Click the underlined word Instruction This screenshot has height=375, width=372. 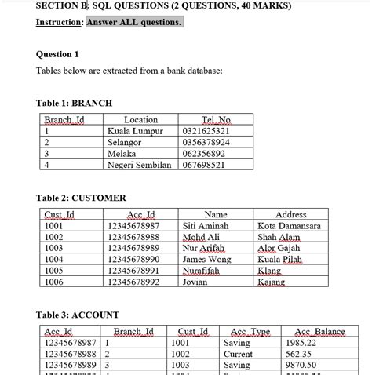tap(60, 22)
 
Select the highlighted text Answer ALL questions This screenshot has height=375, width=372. tap(134, 22)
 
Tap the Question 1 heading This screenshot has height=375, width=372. tap(58, 54)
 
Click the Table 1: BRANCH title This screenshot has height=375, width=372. tap(74, 103)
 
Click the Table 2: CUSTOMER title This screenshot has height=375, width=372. tap(81, 198)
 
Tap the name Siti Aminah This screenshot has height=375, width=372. tap(206, 226)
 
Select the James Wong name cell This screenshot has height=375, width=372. tap(206, 259)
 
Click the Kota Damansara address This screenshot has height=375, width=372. tap(289, 226)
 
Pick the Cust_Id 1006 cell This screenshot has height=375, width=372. tap(54, 281)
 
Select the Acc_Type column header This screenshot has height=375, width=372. tap(250, 332)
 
